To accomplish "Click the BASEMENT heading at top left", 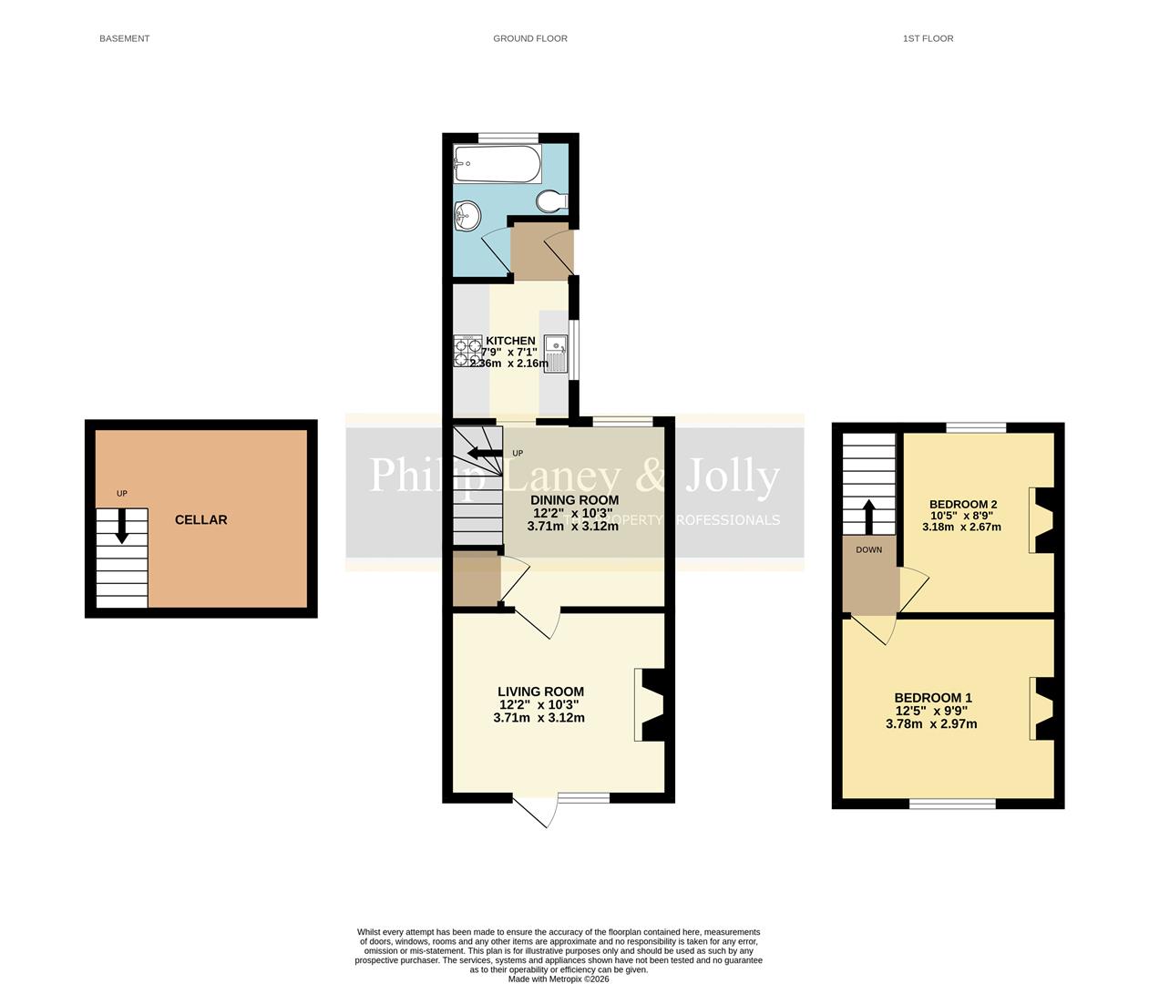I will (x=124, y=38).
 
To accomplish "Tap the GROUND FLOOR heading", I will (x=529, y=38).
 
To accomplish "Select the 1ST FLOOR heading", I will (x=928, y=38).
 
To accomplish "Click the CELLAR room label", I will (x=200, y=519).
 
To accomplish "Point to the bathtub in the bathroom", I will (x=498, y=164).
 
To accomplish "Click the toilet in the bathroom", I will (x=552, y=200).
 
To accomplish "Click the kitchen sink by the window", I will (x=556, y=354).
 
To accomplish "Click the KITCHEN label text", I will (x=510, y=341).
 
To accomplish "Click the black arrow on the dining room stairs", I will (x=483, y=453).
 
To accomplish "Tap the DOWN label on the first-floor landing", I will (x=868, y=549).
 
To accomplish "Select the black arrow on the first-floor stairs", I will (x=868, y=516).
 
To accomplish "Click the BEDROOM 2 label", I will (x=962, y=504).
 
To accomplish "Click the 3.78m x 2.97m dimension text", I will (x=930, y=724).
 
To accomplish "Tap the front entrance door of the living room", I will (x=535, y=811).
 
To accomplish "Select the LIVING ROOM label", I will (x=540, y=692).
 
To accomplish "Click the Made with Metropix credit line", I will (x=558, y=979).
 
